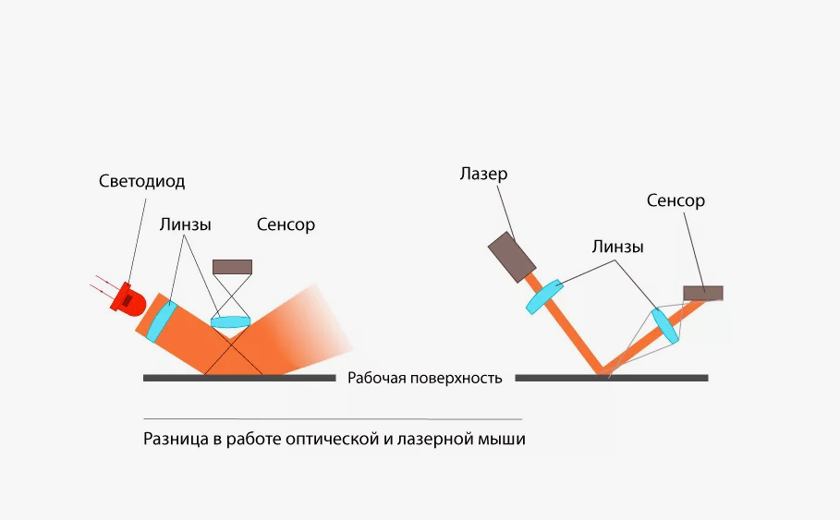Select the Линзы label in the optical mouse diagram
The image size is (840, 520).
(185, 224)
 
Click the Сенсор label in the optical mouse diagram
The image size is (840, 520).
(286, 224)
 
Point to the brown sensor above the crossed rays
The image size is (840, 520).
(232, 266)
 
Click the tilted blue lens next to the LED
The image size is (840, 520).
(162, 318)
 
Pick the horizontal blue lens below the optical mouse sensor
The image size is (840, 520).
(232, 321)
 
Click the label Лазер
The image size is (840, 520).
(482, 174)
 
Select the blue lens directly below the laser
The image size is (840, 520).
(544, 296)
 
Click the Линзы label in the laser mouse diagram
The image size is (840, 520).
(618, 247)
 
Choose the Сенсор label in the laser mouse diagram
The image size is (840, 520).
(676, 200)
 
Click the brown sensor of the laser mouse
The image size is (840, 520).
(702, 293)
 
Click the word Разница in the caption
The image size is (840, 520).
(175, 440)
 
